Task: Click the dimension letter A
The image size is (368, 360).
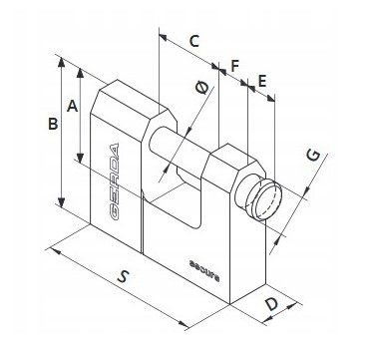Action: click(71, 104)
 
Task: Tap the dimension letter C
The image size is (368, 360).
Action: click(194, 42)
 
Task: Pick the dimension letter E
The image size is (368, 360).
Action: click(261, 80)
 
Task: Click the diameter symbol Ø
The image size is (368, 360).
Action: click(202, 90)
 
